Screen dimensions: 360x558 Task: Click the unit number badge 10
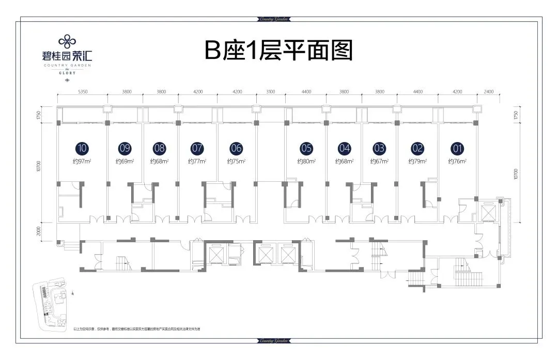82,148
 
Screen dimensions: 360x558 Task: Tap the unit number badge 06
236,148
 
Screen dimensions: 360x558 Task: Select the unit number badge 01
457,148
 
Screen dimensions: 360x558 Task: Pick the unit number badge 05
306,148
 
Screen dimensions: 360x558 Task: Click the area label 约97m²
82,162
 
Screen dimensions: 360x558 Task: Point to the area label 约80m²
306,162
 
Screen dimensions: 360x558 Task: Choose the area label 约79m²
417,162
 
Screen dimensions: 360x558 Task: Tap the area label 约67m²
379,162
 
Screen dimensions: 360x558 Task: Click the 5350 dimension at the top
82,91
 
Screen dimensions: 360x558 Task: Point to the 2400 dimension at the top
489,91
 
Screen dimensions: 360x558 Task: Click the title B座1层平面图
278,51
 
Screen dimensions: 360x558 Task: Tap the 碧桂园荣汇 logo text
67,55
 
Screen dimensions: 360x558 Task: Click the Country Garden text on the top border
279,20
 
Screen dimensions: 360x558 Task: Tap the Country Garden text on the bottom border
279,341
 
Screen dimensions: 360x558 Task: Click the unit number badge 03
379,148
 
